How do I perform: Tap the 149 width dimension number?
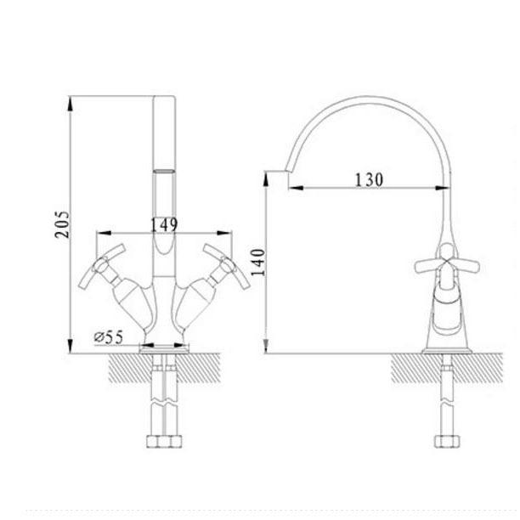(163, 224)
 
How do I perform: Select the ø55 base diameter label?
(109, 337)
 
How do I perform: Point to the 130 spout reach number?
(369, 179)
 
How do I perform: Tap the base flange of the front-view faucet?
(165, 346)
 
